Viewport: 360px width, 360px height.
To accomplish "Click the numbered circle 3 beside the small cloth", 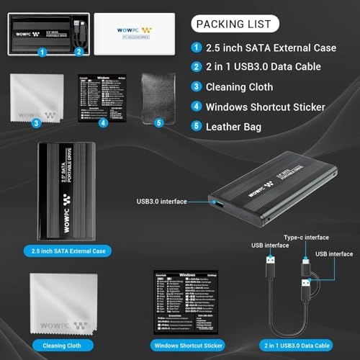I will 35,122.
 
